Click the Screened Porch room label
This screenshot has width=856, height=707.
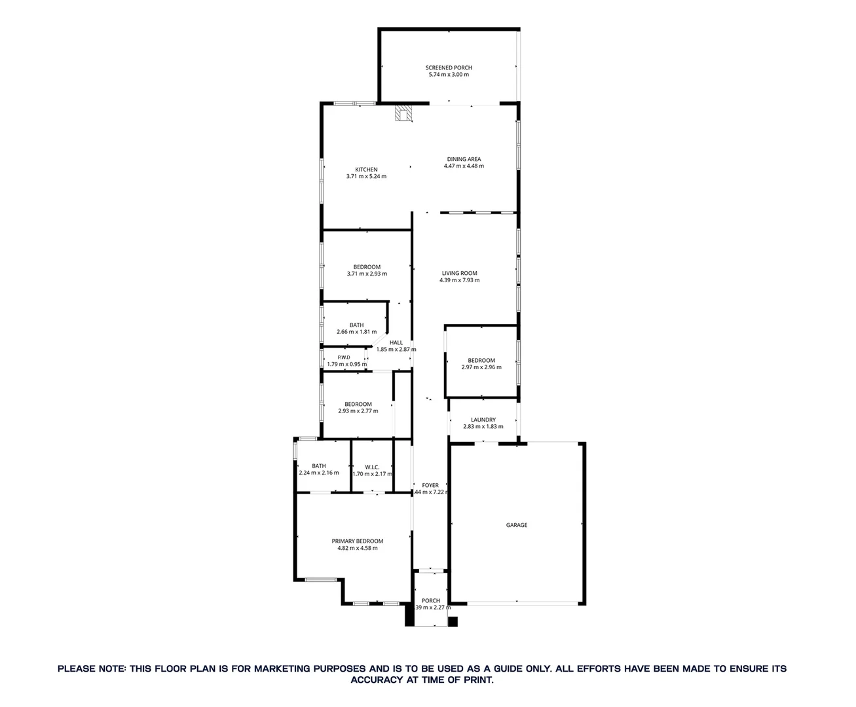(449, 68)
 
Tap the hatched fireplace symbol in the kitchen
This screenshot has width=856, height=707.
(403, 114)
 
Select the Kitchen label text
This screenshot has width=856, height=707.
(366, 170)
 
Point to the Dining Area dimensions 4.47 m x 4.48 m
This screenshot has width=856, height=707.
(464, 166)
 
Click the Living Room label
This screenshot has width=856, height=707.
(459, 274)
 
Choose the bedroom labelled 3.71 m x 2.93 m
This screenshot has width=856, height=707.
(367, 270)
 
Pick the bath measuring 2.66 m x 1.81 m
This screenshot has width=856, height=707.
(356, 329)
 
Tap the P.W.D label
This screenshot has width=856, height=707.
(343, 357)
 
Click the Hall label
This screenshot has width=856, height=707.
(396, 342)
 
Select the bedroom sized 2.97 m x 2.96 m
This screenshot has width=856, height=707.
(481, 364)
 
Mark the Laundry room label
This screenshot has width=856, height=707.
(483, 420)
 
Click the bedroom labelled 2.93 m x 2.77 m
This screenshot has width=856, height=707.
(358, 408)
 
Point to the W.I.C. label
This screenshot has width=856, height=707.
(372, 467)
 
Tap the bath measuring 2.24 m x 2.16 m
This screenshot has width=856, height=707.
(319, 469)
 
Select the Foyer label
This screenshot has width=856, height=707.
(430, 485)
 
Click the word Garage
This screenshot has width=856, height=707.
(517, 525)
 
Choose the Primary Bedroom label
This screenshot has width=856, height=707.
(357, 541)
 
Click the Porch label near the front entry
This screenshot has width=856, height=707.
(431, 601)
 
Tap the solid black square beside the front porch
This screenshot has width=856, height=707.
(453, 621)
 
